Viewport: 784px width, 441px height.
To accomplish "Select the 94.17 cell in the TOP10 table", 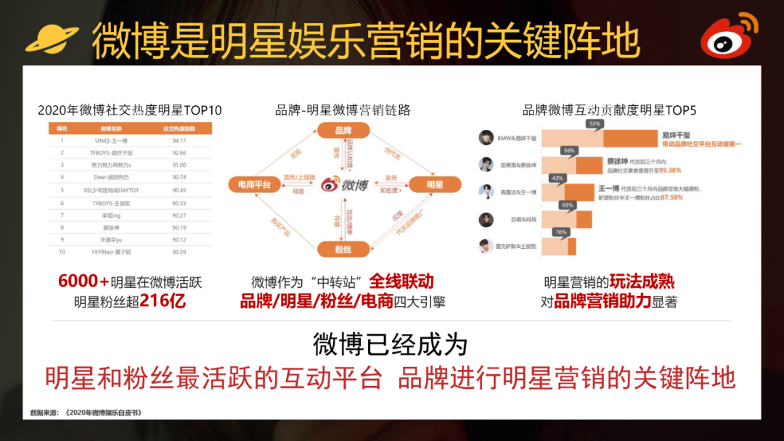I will tap(180, 141).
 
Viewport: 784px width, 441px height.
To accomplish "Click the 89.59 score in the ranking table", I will tap(180, 252).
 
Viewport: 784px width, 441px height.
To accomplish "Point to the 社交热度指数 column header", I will tap(180, 128).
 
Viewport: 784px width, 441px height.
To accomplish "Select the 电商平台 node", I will tap(250, 184).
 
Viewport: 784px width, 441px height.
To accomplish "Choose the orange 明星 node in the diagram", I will tap(435, 184).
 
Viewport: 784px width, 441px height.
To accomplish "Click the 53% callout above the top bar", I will tap(595, 124).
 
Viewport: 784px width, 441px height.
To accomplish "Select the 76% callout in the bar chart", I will tap(560, 232).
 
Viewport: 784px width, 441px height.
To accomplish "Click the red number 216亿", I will tap(163, 300).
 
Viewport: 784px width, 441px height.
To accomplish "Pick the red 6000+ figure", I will tap(83, 282).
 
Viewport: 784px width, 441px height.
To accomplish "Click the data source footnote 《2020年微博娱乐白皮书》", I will tap(102, 413).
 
